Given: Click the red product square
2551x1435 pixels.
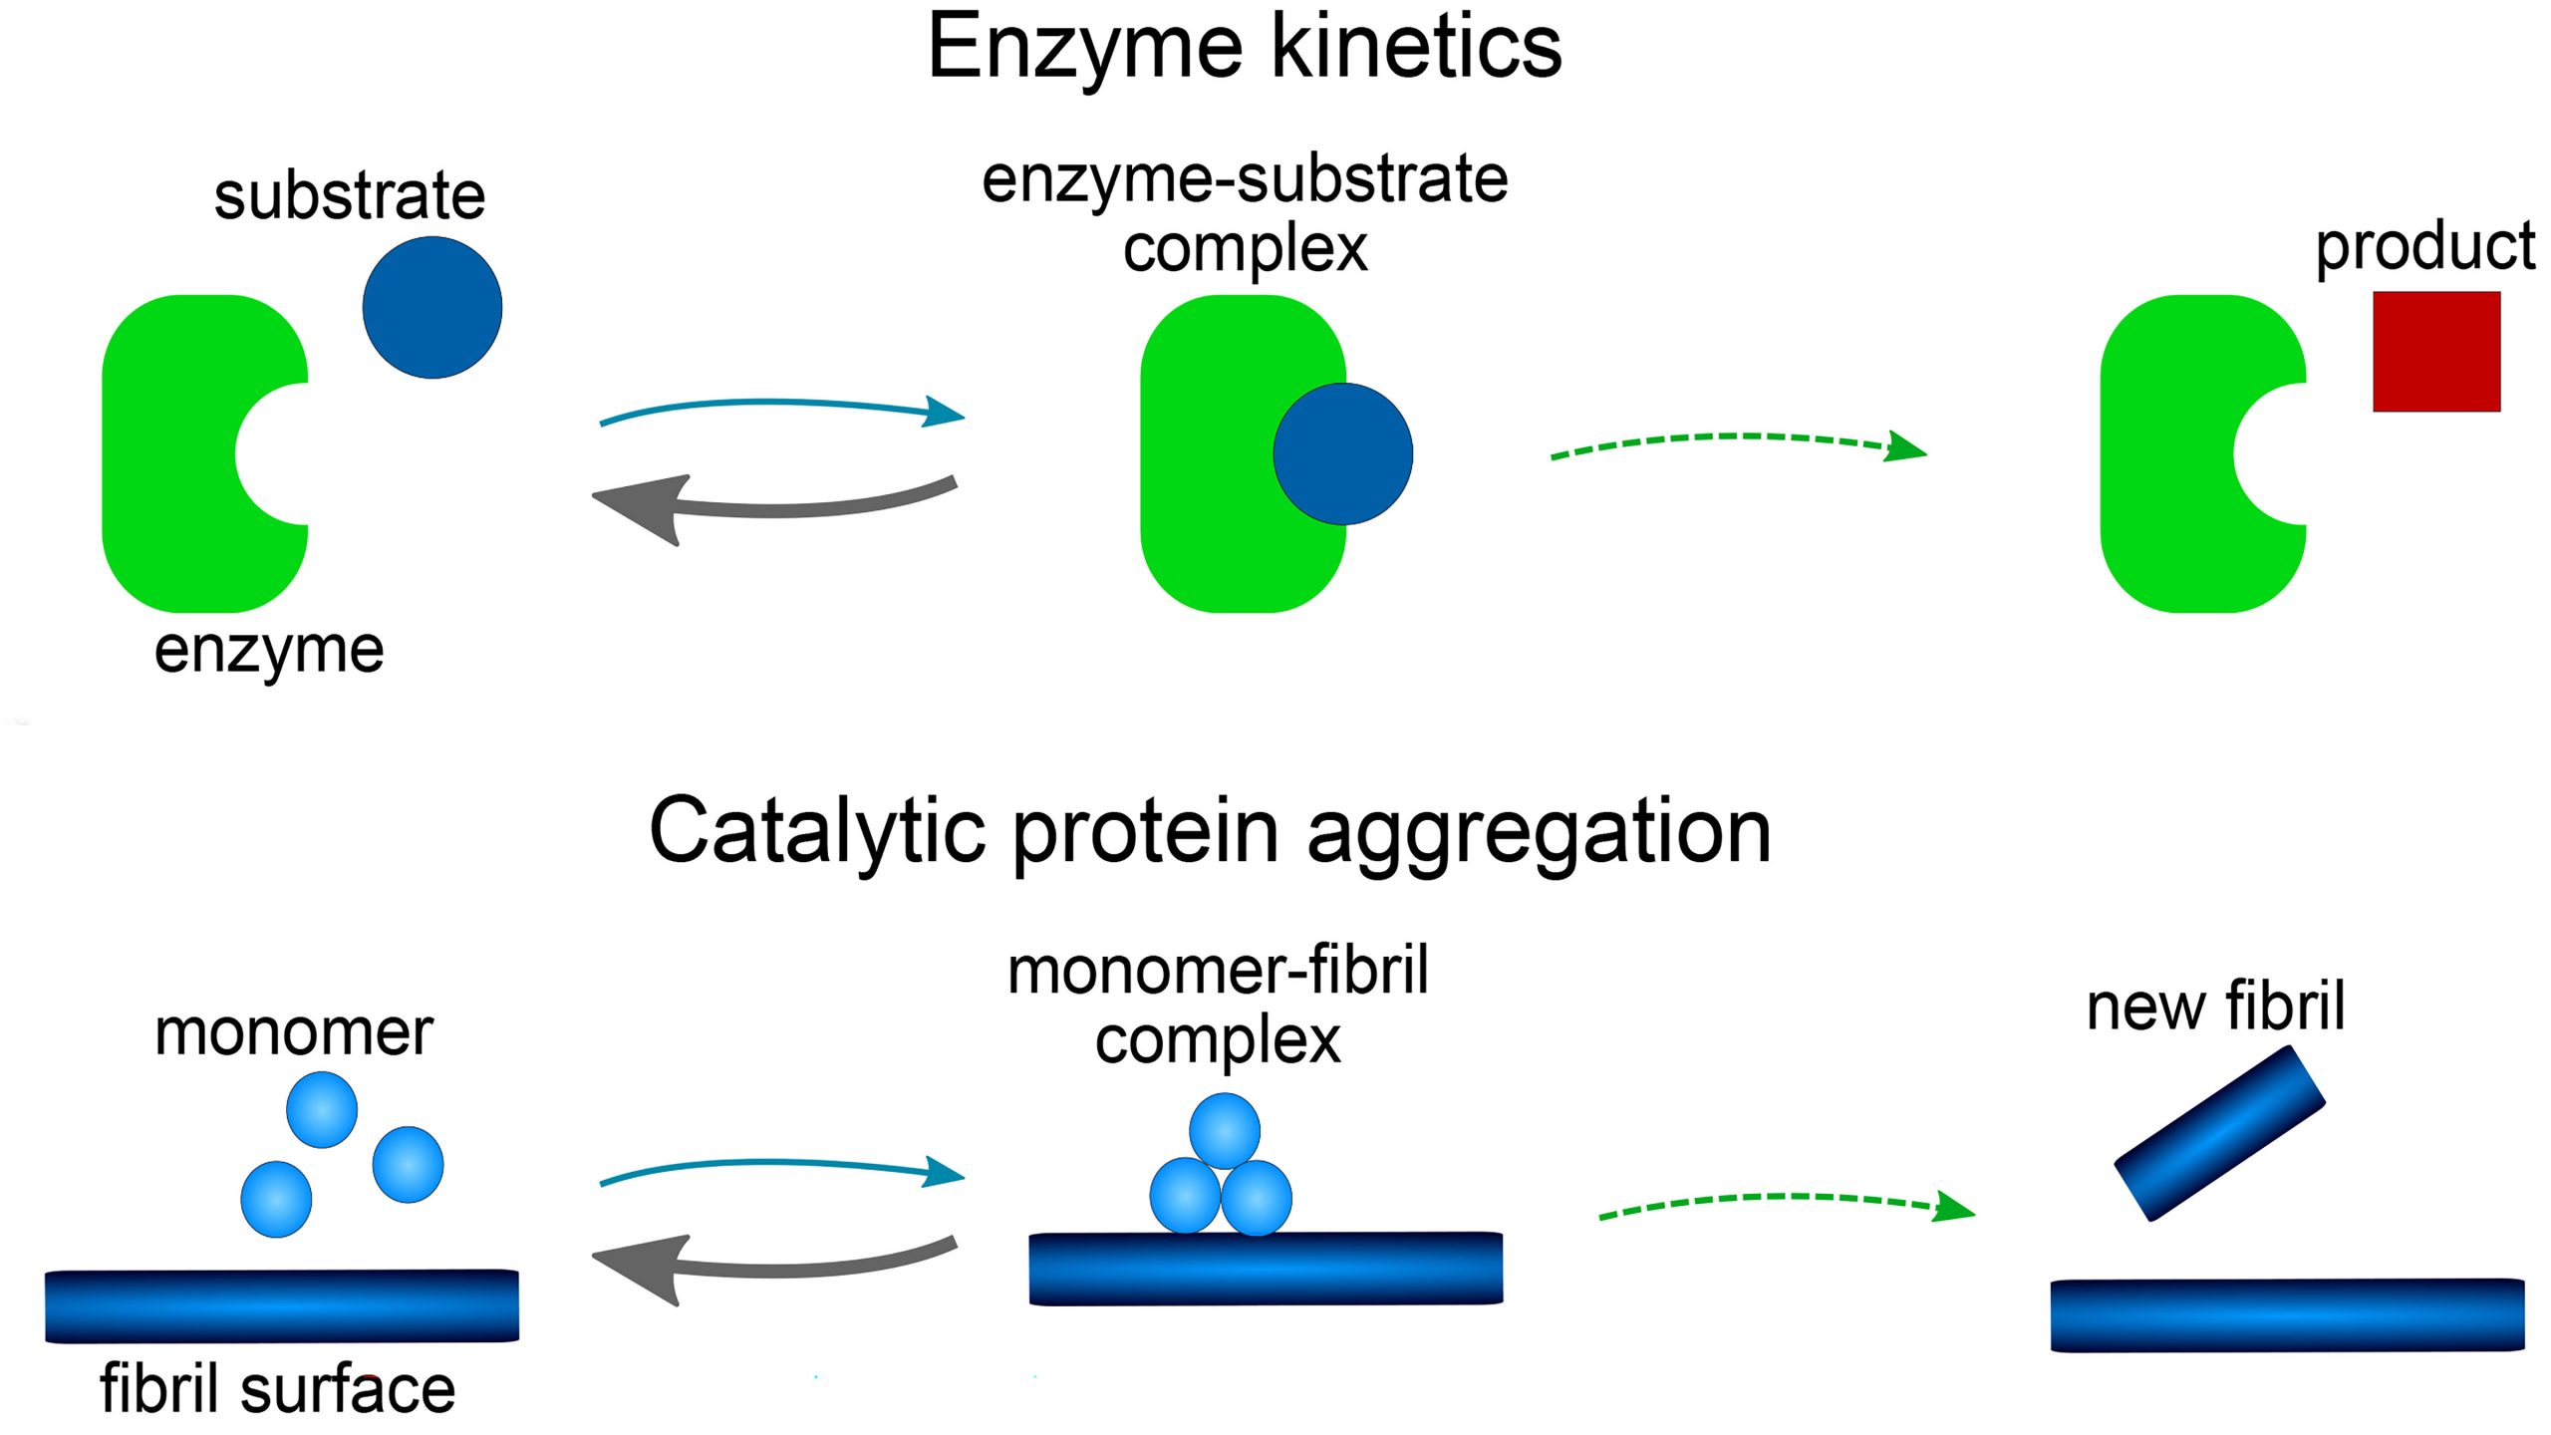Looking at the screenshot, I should point(2435,351).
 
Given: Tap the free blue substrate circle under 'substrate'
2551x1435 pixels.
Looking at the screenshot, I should point(431,307).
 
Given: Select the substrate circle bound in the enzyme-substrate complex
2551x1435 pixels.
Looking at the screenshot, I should point(1342,453).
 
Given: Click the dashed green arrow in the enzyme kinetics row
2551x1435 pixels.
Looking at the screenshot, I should point(1734,438).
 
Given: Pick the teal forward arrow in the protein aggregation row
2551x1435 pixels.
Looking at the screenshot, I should point(777,1165).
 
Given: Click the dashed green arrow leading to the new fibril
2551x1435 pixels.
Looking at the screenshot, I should point(1784,1199).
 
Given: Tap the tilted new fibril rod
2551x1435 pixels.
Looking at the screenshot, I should point(2219,1133).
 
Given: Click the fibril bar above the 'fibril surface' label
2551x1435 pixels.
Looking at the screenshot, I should point(282,1304).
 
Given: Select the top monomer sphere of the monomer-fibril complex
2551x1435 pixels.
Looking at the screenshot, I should point(1224,1130).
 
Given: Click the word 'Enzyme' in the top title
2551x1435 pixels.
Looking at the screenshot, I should point(1086,48).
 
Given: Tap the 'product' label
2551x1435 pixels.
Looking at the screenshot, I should point(2424,246).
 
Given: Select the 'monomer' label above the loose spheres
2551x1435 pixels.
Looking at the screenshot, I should point(294,1031).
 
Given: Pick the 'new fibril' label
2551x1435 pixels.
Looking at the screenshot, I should point(2215,1006).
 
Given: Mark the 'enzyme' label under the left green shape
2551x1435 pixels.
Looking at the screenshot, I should point(269,652).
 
